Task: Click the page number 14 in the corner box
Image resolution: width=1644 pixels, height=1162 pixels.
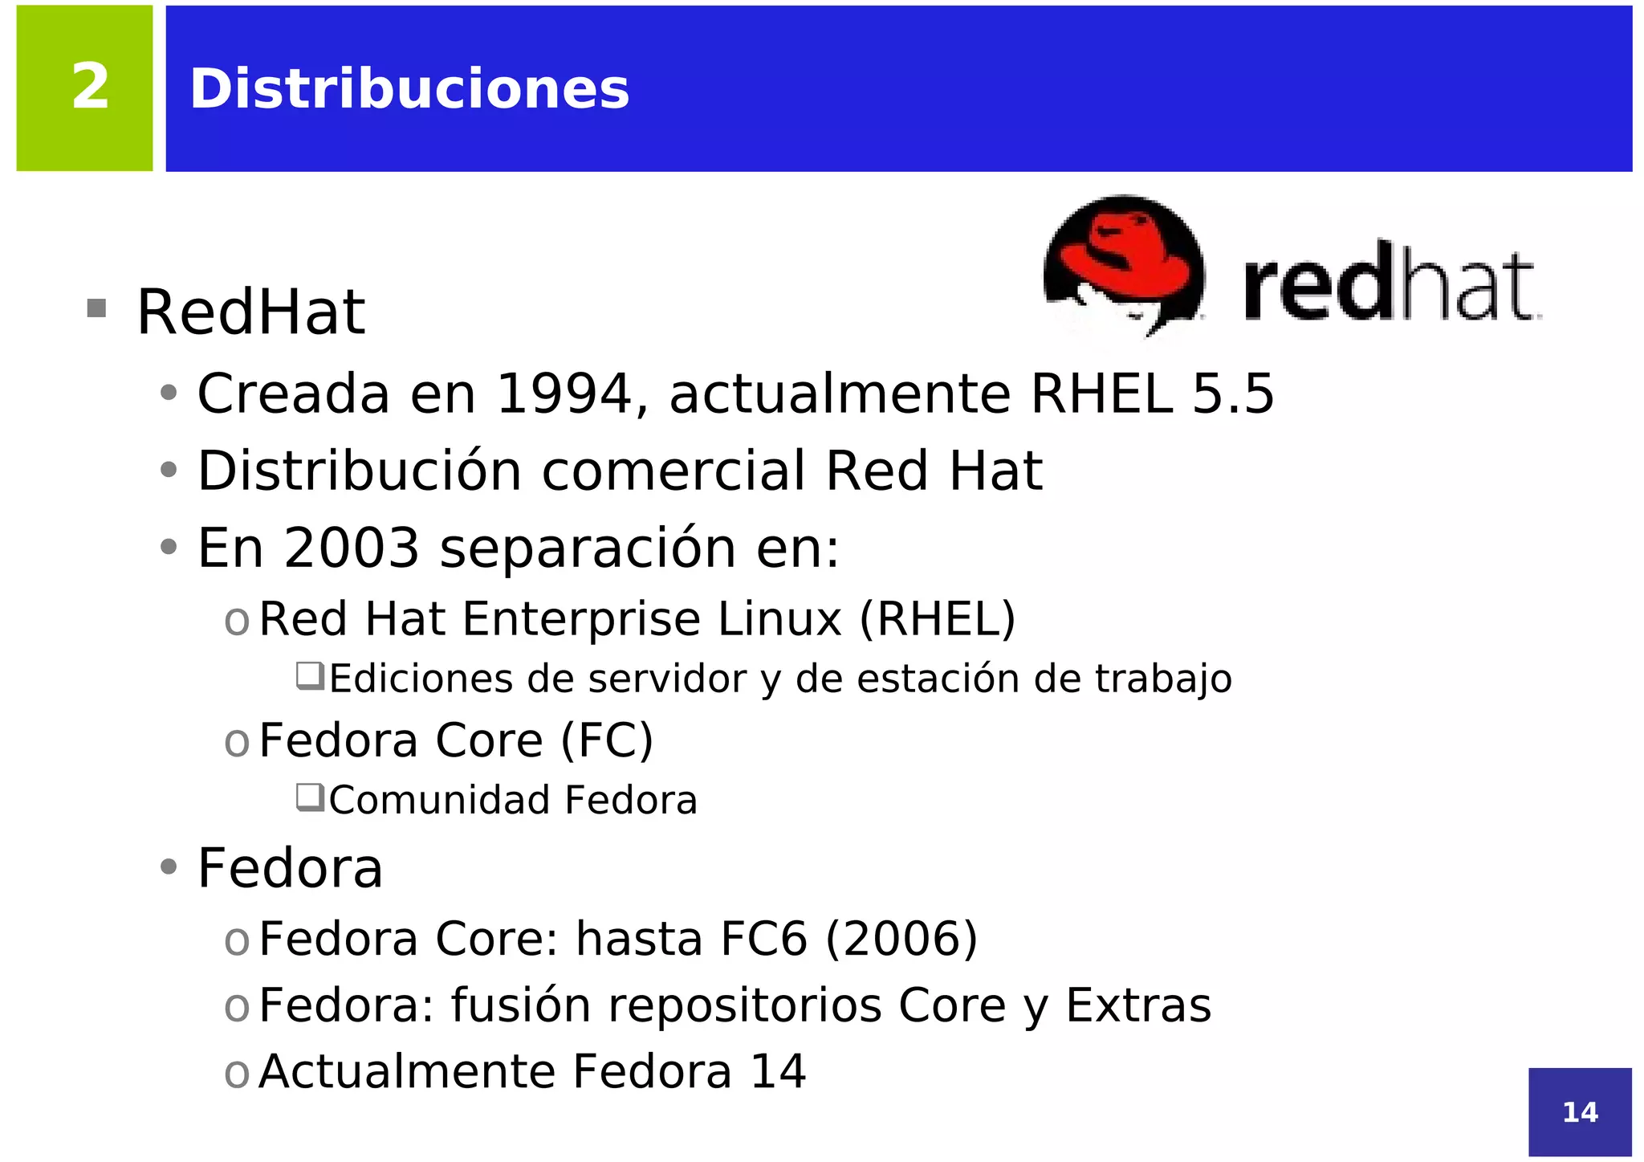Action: coord(1580,1112)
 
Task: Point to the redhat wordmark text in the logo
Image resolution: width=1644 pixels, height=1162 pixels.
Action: coord(1391,283)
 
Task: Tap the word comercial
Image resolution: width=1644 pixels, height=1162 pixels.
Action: coord(673,471)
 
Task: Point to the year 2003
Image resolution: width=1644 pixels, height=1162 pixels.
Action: coord(352,548)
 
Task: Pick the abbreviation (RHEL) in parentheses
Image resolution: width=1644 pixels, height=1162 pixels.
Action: coord(938,619)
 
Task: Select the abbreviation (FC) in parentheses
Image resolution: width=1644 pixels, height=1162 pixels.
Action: coord(607,740)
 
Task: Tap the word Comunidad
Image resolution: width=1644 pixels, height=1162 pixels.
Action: coord(437,800)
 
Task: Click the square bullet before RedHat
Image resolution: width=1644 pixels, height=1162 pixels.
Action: coord(96,308)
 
